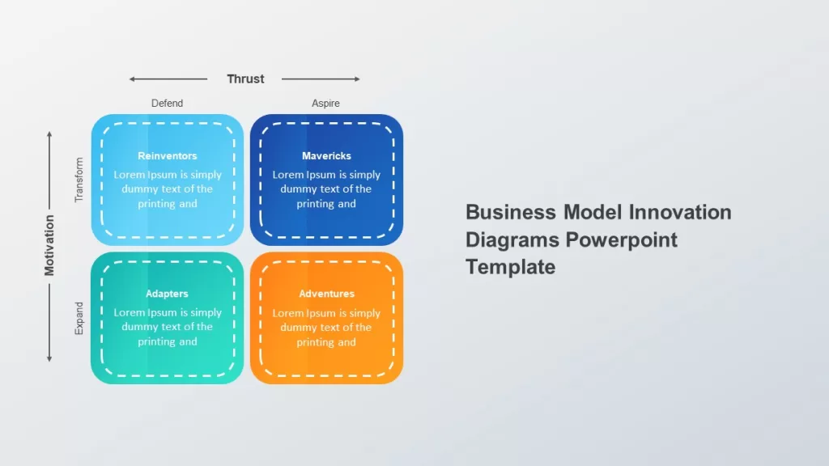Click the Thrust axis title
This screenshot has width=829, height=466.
pos(245,78)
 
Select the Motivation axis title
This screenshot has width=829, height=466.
pos(49,245)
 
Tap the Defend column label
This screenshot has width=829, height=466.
pos(167,103)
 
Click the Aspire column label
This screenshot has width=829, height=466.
pos(325,103)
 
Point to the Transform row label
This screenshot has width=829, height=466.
pos(79,180)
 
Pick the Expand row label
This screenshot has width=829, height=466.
pos(79,318)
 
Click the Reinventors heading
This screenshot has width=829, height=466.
pos(167,156)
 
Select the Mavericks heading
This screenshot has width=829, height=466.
pos(326,156)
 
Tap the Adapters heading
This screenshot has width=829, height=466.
pos(167,294)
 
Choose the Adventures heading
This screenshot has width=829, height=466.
pos(326,294)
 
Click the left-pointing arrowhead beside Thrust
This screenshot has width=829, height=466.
pos(132,79)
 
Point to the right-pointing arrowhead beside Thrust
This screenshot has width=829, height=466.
pos(357,79)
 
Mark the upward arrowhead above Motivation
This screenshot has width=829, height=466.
pos(49,134)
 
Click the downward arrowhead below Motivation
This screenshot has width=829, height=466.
pos(49,359)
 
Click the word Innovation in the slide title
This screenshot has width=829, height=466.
pos(680,213)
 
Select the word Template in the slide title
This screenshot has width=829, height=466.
pos(510,267)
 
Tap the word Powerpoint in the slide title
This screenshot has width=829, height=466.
pos(621,239)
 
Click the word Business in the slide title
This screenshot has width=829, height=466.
pos(511,213)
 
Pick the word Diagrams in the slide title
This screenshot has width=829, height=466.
pos(512,239)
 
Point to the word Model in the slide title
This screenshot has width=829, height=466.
pos(592,213)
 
